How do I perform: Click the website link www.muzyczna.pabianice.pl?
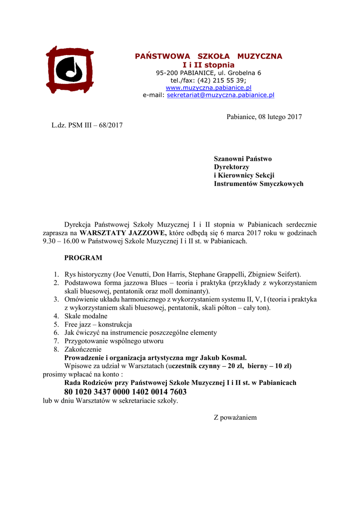click(x=209, y=87)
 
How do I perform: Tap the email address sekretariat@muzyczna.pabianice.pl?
click(x=220, y=95)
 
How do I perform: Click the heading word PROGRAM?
click(x=83, y=258)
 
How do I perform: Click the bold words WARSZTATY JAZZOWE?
click(x=123, y=232)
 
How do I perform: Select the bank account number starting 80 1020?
click(x=126, y=392)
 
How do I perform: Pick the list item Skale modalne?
click(x=85, y=316)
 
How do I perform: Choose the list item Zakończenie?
click(x=83, y=349)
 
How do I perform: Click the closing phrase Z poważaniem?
click(x=235, y=417)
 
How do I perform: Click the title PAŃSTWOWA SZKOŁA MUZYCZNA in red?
click(x=209, y=57)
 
